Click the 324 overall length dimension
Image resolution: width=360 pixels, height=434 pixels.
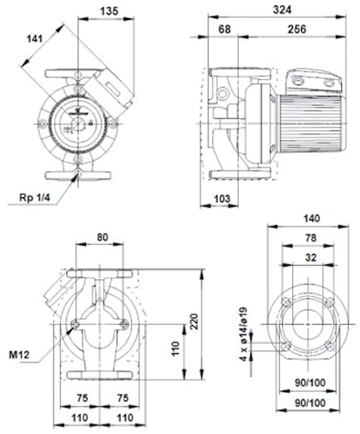point(282,10)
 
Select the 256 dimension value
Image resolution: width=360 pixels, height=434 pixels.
point(297,29)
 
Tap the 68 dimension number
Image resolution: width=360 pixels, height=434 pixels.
point(224,29)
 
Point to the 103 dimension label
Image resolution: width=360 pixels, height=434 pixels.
point(222,198)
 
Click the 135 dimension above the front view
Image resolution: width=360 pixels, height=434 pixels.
point(109,11)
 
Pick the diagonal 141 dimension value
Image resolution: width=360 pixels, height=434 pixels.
point(35,38)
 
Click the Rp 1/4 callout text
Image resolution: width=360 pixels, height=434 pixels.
point(34,197)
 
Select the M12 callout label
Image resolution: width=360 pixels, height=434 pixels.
point(19,355)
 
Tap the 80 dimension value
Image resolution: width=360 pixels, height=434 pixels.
point(102,237)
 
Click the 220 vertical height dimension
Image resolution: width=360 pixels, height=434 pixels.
point(194,321)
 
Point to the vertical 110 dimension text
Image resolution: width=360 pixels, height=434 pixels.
point(175,349)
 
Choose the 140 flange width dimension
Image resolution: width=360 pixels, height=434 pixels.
point(312,219)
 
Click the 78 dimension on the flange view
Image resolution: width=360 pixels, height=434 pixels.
point(311,237)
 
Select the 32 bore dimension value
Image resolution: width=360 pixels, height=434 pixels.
point(311,258)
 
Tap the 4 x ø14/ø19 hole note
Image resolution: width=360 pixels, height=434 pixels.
point(243,334)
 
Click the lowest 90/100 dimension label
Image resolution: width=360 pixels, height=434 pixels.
point(310,403)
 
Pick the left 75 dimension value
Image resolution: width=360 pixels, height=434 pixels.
point(82,398)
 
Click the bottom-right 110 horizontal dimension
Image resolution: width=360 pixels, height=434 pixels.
point(125,418)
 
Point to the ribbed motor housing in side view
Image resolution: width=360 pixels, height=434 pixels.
point(313,124)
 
